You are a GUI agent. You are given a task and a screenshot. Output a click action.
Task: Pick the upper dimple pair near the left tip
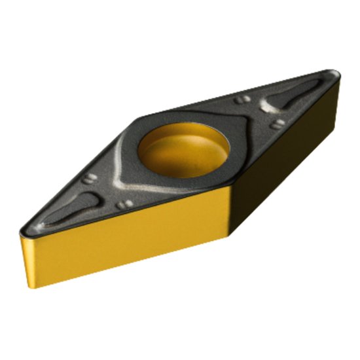tap(89, 179)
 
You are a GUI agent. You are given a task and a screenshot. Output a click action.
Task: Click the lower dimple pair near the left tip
tap(124, 204)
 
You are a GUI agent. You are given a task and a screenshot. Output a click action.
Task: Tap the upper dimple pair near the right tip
tap(242, 99)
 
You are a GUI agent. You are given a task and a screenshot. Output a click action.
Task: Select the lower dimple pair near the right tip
tap(278, 122)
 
